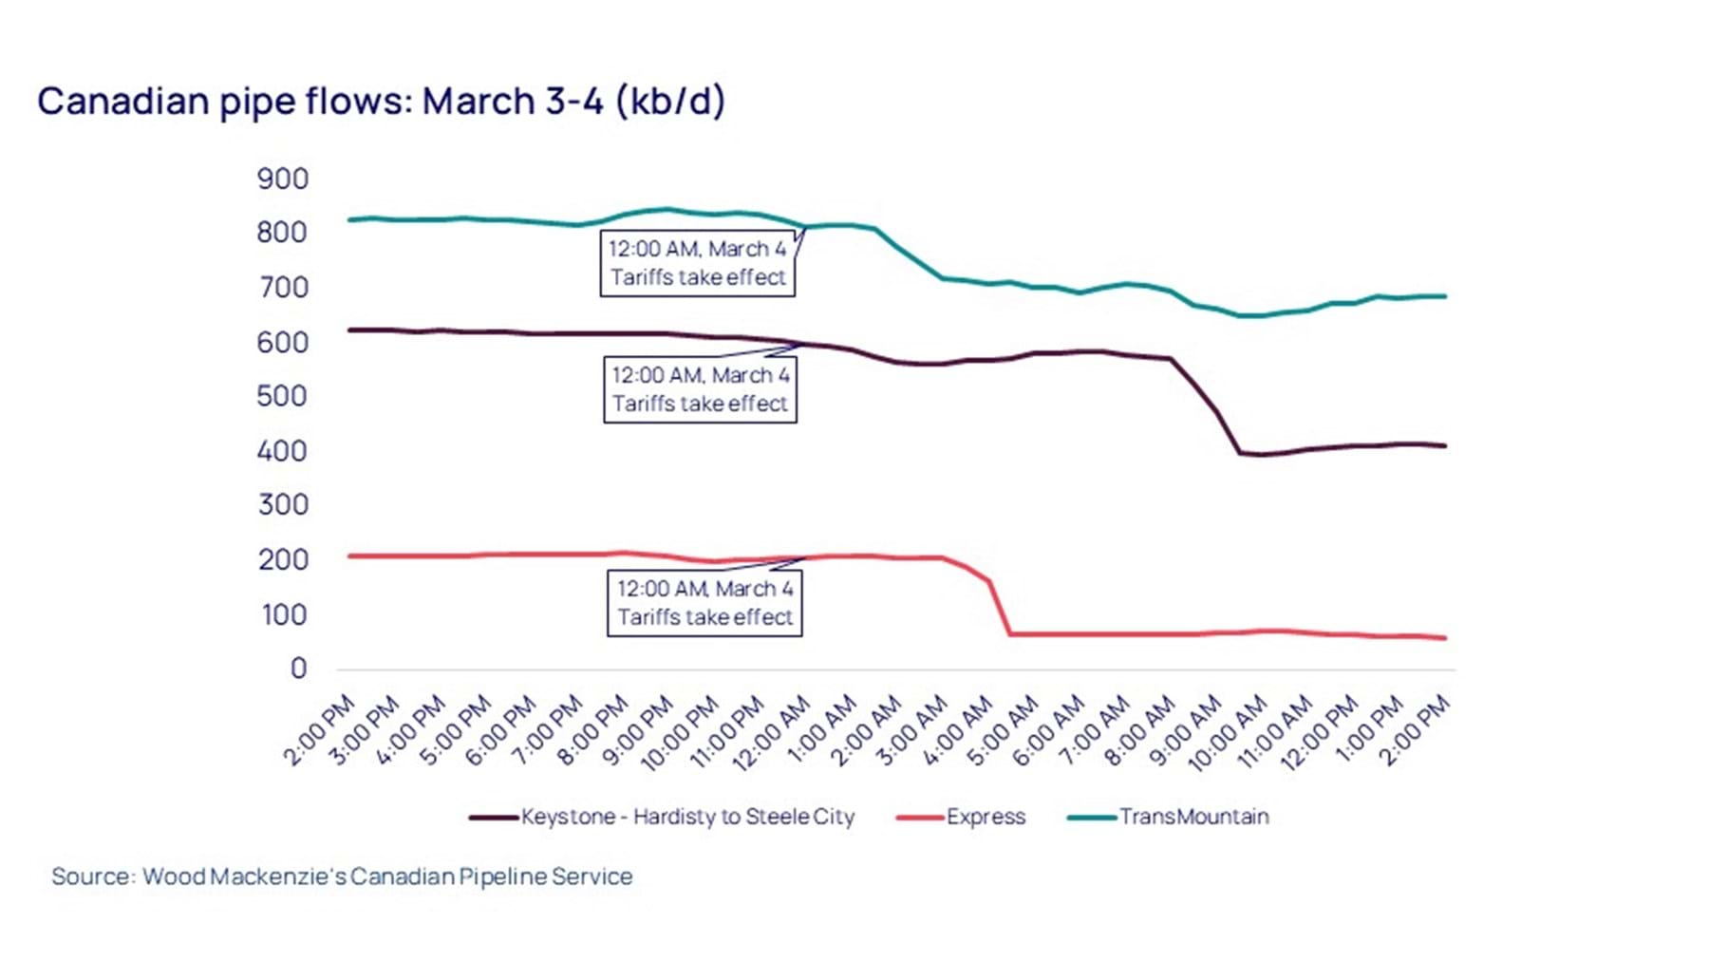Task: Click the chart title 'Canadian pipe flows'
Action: click(380, 101)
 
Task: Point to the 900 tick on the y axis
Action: click(282, 179)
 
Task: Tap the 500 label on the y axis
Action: click(282, 396)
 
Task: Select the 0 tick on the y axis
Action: click(298, 669)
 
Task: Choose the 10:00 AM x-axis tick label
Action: click(1229, 731)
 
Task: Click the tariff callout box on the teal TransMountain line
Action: click(698, 263)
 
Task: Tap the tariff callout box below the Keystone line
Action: click(701, 389)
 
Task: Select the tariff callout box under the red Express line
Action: click(704, 603)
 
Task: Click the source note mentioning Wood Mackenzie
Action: click(342, 876)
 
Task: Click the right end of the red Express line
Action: click(1444, 638)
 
